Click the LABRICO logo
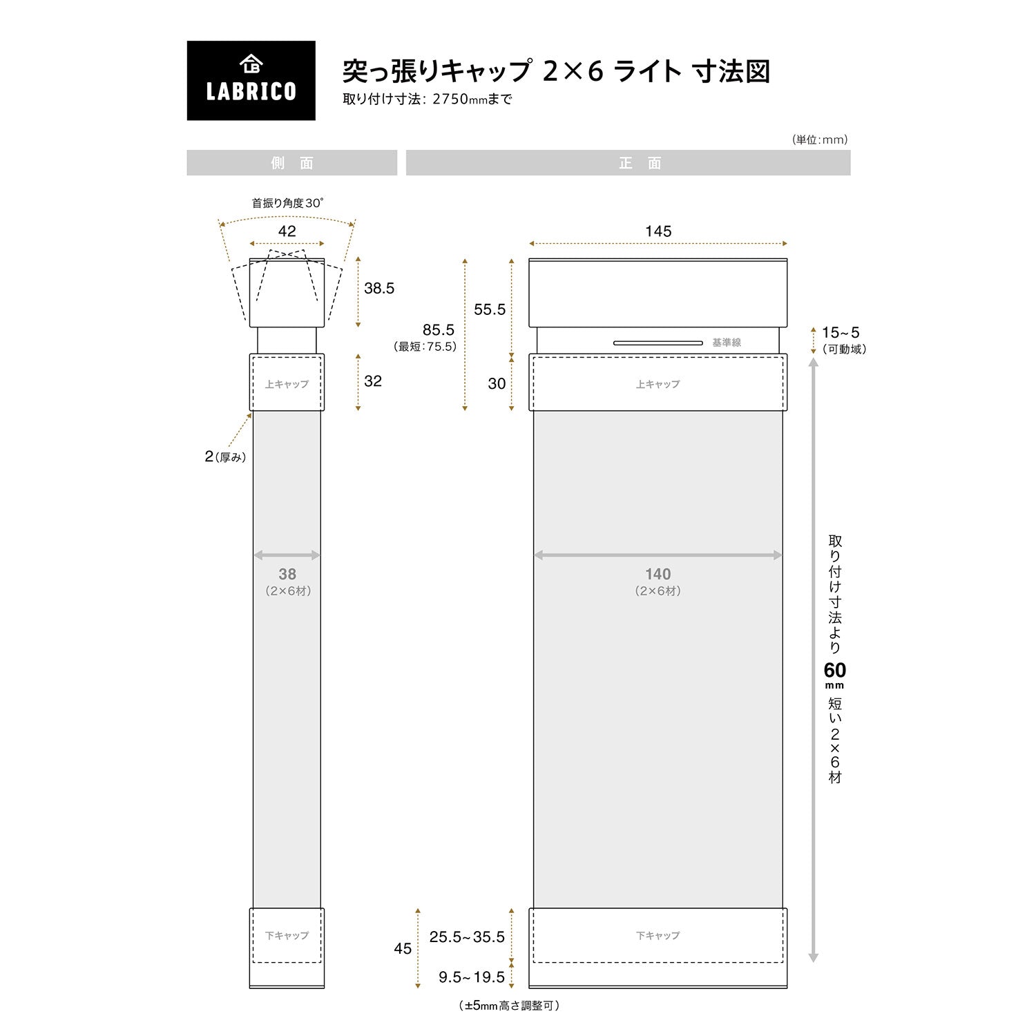(251, 80)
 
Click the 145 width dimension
(658, 231)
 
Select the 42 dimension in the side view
(287, 231)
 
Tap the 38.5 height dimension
(379, 288)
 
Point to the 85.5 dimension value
(439, 329)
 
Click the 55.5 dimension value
(490, 309)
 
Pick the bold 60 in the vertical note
(834, 670)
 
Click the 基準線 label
(727, 343)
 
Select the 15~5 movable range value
(841, 333)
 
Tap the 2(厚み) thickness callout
(225, 457)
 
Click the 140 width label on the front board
(658, 574)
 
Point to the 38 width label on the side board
(287, 574)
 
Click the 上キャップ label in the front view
(658, 384)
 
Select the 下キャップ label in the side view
(287, 935)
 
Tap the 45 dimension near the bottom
(403, 948)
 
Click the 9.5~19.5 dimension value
(472, 977)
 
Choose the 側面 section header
(292, 163)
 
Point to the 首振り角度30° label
(287, 203)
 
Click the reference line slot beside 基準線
(658, 343)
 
